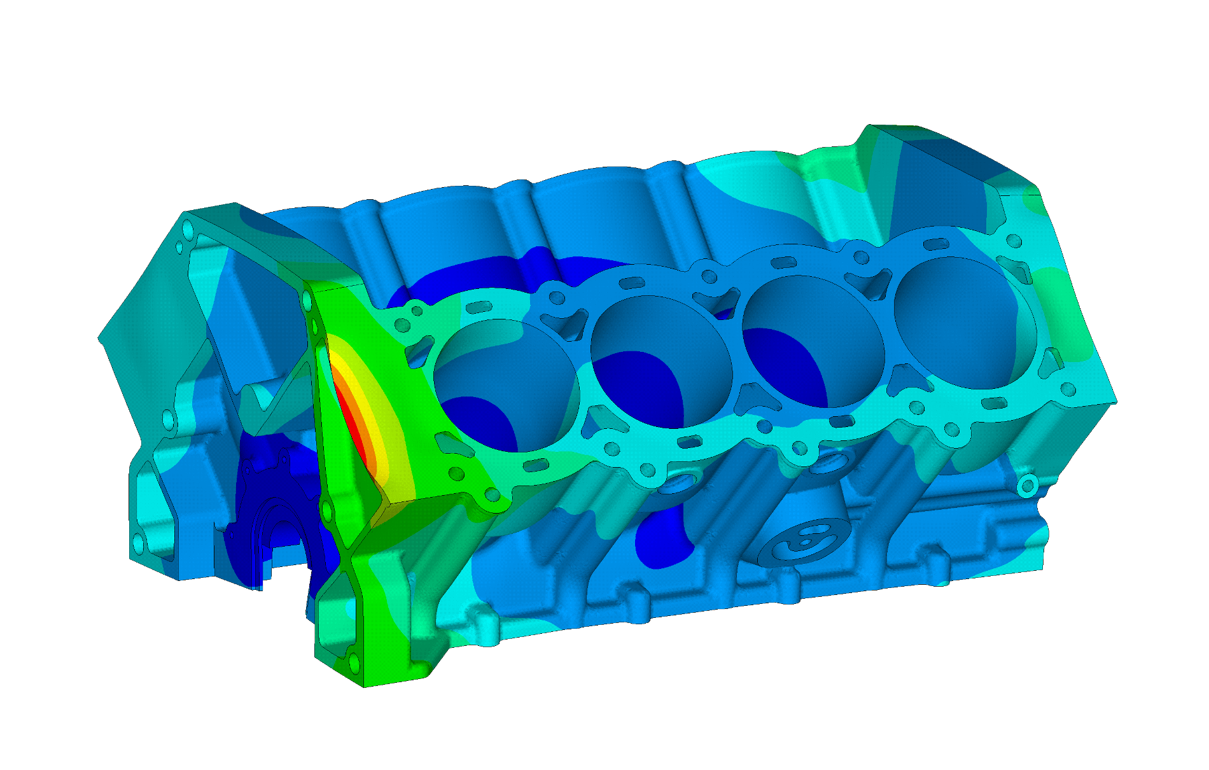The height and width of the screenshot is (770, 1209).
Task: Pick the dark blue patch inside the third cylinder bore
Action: pyautogui.click(x=789, y=363)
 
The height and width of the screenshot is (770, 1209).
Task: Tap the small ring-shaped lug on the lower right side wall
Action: pyautogui.click(x=1028, y=487)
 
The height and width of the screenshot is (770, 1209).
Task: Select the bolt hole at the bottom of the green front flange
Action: pyautogui.click(x=351, y=659)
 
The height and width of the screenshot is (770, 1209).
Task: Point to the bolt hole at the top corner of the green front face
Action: pyautogui.click(x=307, y=296)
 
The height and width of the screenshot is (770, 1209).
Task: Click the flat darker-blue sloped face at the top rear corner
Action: pyautogui.click(x=942, y=178)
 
